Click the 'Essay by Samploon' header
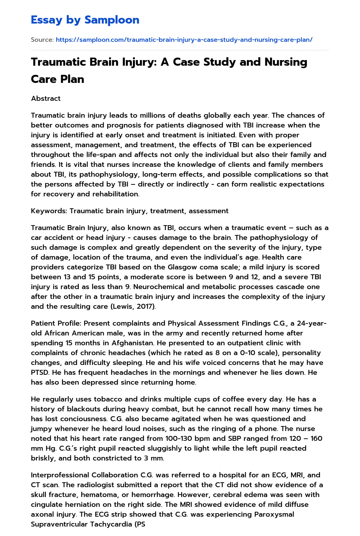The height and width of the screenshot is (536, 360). tap(85, 20)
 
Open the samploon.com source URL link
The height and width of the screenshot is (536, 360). tap(184, 40)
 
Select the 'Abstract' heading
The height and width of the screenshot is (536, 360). tap(46, 98)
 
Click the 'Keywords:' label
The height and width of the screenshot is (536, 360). tap(49, 211)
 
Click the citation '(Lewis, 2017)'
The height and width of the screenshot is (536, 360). tap(133, 306)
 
